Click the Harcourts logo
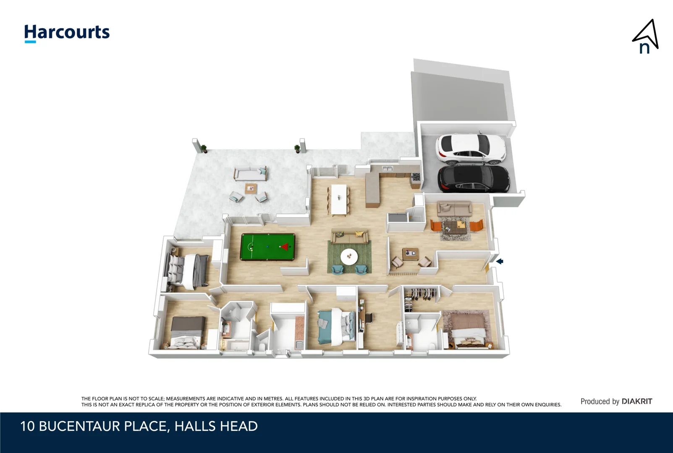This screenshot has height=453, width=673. pos(67,33)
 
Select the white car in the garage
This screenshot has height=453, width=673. pos(470,148)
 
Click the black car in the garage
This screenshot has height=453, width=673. pos(473,178)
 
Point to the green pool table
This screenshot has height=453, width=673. pos(267,247)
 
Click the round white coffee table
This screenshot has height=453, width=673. pos(349,257)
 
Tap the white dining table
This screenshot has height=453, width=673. pos(338,199)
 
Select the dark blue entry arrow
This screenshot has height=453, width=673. pos(500,261)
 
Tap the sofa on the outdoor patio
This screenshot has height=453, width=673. pos(250,174)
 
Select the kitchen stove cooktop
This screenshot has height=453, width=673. pos(416,177)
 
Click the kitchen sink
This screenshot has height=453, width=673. pos(387,169)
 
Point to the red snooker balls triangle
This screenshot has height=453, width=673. pos(285,247)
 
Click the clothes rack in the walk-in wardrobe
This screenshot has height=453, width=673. pos(422,294)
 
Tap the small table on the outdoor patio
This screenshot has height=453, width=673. pos(251,188)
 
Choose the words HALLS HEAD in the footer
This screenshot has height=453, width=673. pos(216,426)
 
